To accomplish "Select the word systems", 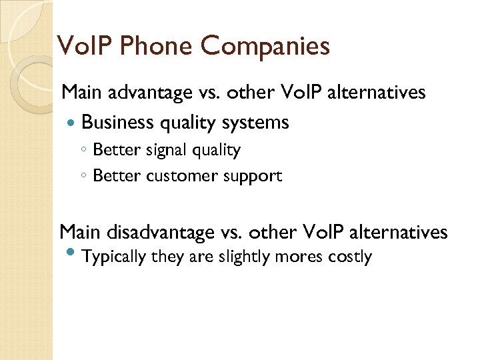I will pos(259,123).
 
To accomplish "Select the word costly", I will pos(350,257).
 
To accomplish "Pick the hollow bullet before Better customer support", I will pos(84,177).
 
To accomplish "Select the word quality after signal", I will pos(217,151).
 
